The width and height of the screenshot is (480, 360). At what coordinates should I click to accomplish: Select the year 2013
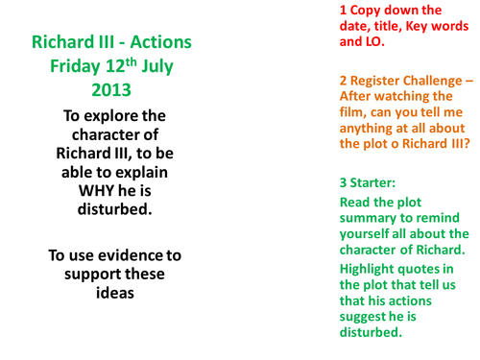[x=111, y=91]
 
